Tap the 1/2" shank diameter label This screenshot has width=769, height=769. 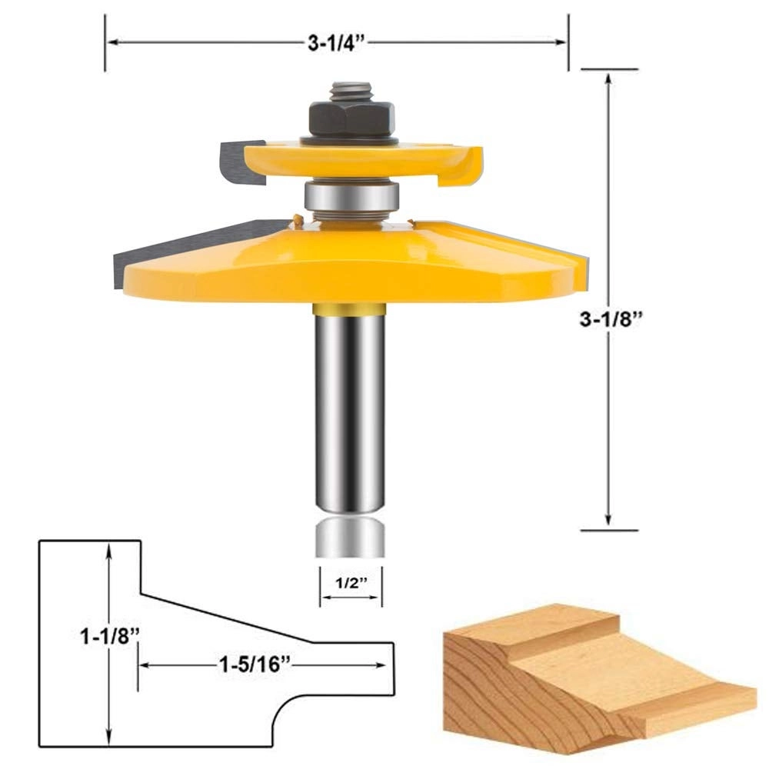click(x=351, y=582)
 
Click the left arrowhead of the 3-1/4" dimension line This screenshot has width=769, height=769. click(x=112, y=43)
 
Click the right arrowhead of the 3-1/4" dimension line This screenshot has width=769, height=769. click(x=561, y=43)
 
